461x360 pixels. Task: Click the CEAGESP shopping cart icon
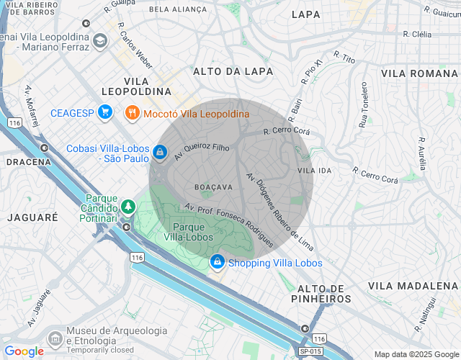click(x=105, y=112)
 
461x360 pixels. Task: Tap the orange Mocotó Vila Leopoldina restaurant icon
click(x=132, y=113)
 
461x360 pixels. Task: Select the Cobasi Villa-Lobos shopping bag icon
click(x=158, y=153)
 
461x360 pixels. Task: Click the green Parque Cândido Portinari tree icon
click(x=128, y=207)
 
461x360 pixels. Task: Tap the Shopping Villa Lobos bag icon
click(x=217, y=263)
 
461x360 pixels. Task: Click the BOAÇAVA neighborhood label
click(x=214, y=186)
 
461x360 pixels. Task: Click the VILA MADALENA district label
click(x=413, y=286)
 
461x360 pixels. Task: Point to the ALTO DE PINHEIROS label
click(x=321, y=293)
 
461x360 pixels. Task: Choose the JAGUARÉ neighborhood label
click(x=32, y=217)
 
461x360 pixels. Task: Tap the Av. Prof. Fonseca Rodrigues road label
click(x=228, y=225)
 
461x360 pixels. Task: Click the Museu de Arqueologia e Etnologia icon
click(x=55, y=338)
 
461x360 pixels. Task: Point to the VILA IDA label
click(x=315, y=171)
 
